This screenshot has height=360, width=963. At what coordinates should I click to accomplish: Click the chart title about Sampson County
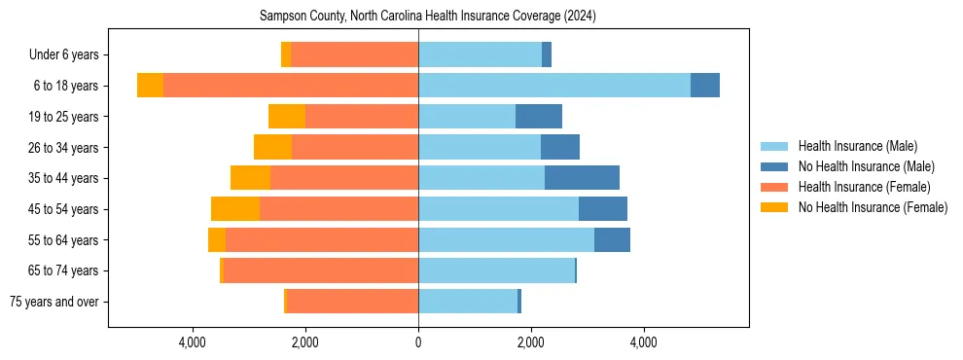428,17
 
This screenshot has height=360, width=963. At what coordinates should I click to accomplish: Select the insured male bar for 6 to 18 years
554,86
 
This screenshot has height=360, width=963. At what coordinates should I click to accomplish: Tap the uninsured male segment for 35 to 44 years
582,178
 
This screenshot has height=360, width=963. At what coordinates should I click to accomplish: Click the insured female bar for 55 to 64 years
322,240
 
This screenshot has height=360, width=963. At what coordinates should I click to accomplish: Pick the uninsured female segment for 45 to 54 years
235,209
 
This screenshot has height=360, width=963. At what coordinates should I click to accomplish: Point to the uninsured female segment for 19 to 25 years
287,117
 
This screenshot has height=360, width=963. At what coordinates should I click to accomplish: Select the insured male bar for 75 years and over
468,302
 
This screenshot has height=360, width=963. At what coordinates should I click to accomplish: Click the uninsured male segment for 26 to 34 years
560,148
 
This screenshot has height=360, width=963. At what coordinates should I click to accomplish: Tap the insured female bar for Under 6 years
355,54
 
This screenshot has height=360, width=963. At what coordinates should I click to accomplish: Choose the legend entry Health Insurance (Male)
857,146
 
